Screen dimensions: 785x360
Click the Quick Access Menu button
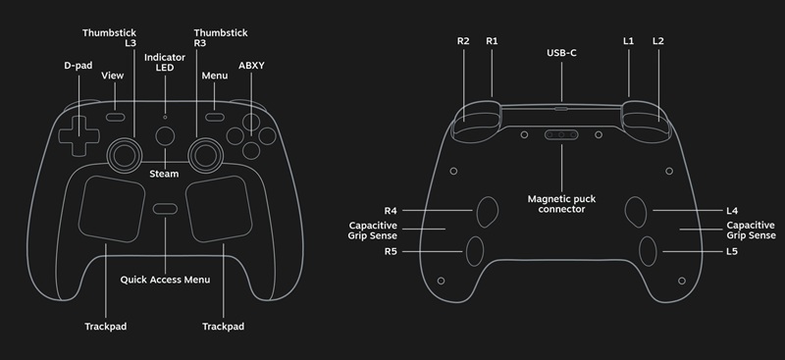pyautogui.click(x=165, y=209)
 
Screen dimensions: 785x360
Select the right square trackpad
pyautogui.click(x=218, y=207)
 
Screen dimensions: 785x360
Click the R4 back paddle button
pyautogui.click(x=487, y=210)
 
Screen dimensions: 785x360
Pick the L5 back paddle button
pyautogui.click(x=648, y=251)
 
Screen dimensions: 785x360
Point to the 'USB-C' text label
pyautogui.click(x=561, y=51)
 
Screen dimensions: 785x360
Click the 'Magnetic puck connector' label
pyautogui.click(x=561, y=204)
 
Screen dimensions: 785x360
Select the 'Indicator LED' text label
pyautogui.click(x=164, y=62)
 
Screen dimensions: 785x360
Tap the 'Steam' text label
pyautogui.click(x=164, y=174)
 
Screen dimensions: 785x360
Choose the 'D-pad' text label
pyautogui.click(x=78, y=66)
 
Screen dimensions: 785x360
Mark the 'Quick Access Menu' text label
pyautogui.click(x=165, y=280)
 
